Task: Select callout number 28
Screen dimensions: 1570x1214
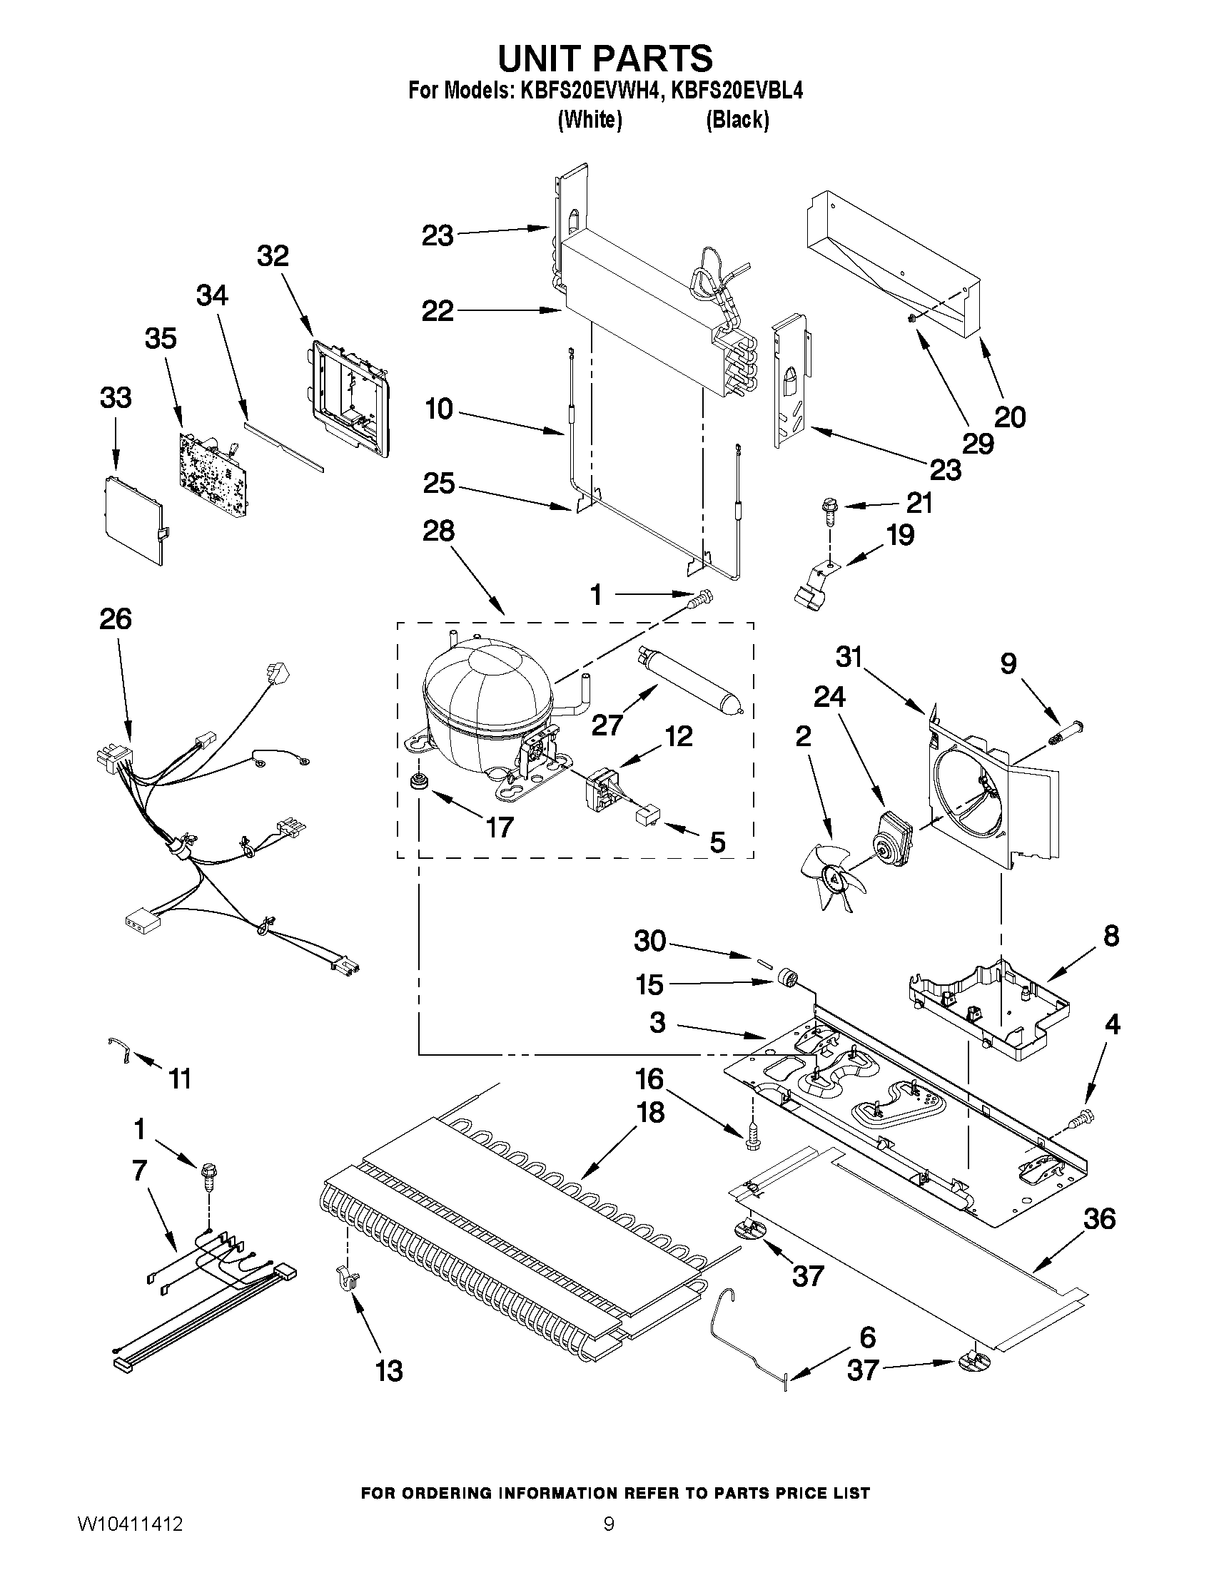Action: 439,531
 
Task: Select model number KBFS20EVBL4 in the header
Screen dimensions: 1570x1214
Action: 737,91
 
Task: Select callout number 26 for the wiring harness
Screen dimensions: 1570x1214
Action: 116,618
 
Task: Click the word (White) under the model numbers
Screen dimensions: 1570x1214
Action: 590,119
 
